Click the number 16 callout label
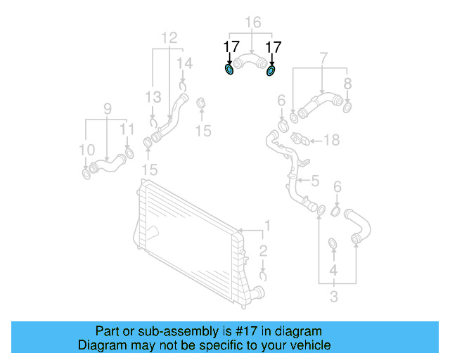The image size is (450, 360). tap(252, 24)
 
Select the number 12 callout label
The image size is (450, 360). tap(169, 37)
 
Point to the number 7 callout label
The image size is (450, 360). tap(323, 56)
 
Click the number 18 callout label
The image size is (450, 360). tap(330, 140)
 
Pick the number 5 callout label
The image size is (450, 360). tap(315, 181)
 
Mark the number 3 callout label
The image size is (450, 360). tap(333, 296)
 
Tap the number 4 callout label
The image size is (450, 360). tap(333, 270)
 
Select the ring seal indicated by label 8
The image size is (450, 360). tap(347, 107)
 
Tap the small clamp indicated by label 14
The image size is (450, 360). tap(184, 86)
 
